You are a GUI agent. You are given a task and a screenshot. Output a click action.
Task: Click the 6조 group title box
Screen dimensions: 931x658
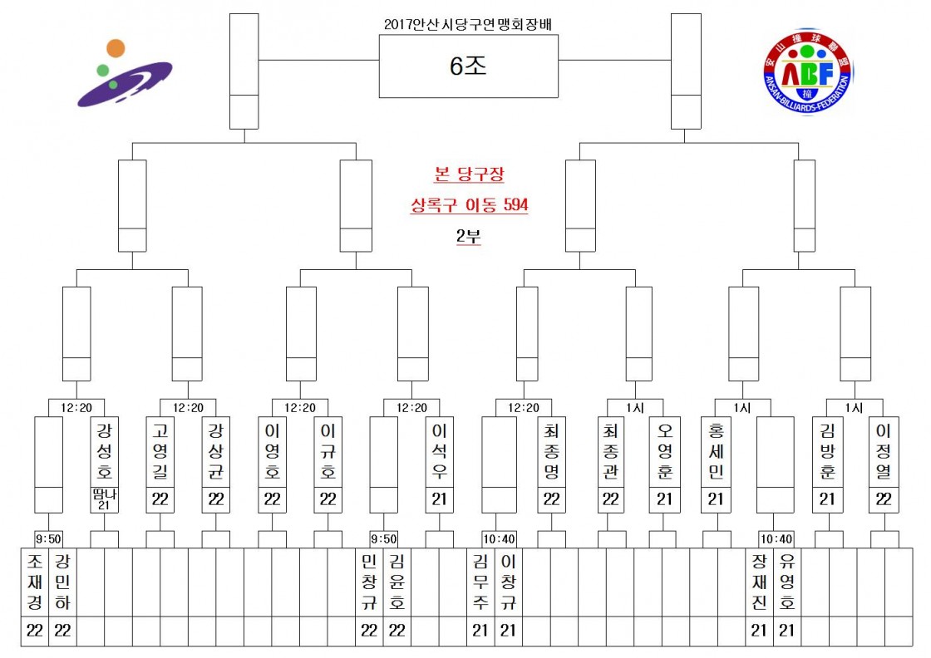(469, 66)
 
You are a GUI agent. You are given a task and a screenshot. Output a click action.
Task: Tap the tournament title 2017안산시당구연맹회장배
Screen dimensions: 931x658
(468, 24)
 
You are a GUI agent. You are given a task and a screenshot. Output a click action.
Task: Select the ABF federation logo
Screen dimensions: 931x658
(807, 71)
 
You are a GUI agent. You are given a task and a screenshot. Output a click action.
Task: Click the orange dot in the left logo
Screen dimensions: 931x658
(116, 48)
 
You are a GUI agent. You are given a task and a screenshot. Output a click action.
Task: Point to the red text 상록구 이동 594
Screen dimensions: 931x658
(469, 205)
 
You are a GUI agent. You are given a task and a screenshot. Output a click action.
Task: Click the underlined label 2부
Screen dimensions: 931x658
(469, 236)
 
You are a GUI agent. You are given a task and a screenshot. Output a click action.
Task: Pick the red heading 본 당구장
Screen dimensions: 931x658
(469, 174)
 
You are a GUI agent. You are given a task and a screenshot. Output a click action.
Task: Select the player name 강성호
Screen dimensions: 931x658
(105, 451)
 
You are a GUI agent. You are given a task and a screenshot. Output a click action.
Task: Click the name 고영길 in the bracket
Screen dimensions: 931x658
(160, 451)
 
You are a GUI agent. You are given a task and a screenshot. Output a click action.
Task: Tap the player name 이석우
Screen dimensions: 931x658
(440, 451)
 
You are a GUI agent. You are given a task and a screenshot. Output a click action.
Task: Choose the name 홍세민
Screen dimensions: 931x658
(716, 451)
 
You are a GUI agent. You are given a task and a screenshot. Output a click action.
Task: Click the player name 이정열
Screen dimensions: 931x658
(884, 451)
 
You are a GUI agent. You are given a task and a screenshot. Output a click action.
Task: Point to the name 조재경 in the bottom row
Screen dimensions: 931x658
(35, 582)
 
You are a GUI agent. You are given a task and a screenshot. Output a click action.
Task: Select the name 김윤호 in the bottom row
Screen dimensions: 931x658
(397, 582)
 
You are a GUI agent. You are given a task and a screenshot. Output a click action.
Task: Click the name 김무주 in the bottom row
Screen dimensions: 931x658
(480, 582)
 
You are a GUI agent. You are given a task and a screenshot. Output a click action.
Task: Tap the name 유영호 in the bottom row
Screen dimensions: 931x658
(786, 582)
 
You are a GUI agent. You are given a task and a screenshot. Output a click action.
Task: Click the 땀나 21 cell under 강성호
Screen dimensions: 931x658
(105, 499)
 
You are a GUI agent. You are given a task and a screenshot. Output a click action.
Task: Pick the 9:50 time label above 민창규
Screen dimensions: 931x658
(383, 538)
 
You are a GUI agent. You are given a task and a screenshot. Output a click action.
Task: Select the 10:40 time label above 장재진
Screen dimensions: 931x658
(776, 538)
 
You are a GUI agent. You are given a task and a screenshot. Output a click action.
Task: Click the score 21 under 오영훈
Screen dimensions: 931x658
(664, 499)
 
